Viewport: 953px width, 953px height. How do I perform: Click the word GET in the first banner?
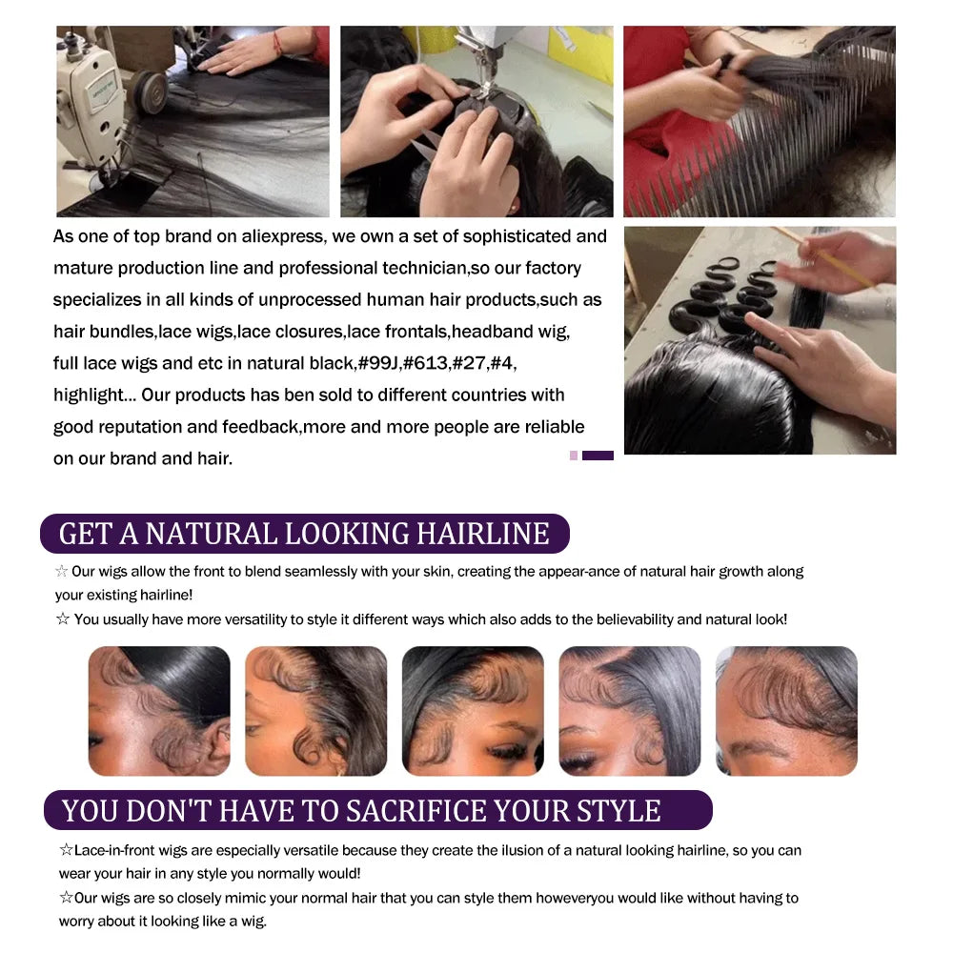[x=86, y=534]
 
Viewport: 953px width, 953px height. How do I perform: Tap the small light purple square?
[x=573, y=456]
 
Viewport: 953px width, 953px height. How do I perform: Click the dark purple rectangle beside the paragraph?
[x=598, y=456]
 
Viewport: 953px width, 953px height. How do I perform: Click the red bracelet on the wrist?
[x=277, y=44]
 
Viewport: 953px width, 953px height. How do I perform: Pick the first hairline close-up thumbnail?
[x=159, y=711]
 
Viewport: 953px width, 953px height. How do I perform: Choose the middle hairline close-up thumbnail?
[x=473, y=711]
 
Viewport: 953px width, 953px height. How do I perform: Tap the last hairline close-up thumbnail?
[x=786, y=711]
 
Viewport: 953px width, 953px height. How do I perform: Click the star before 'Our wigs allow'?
[x=61, y=571]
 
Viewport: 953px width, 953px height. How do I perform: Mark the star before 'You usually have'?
[x=63, y=618]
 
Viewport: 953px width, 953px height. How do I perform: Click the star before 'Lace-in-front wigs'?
[x=67, y=849]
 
